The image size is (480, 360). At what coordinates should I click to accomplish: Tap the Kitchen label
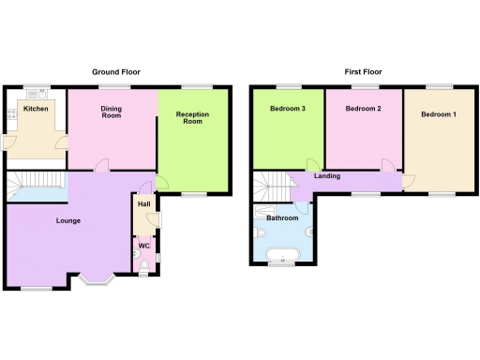pos(36,110)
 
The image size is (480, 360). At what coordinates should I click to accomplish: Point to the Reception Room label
pos(191,117)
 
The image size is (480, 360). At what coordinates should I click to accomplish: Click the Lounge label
pos(41,221)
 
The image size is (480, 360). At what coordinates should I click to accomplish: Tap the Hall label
pos(144,204)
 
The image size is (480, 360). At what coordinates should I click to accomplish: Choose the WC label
pos(144,246)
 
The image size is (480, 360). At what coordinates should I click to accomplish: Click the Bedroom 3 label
pos(287,110)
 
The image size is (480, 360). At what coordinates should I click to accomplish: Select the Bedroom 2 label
pos(362,110)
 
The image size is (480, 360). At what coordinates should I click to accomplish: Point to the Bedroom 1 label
pos(439,114)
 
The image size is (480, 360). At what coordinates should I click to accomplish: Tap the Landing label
pos(328,175)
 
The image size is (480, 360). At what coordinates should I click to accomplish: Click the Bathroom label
pos(281,217)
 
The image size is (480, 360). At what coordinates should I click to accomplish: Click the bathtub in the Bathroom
pos(281,254)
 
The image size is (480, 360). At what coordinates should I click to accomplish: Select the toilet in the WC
pos(142,265)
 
